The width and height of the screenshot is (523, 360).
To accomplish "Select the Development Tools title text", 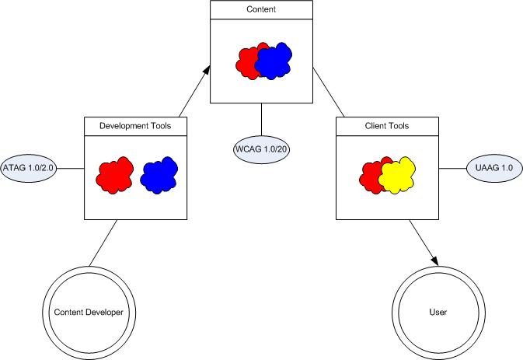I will [x=135, y=125].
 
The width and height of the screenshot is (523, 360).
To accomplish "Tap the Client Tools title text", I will [x=386, y=125].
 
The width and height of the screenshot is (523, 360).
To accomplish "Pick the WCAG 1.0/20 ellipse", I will [x=261, y=149].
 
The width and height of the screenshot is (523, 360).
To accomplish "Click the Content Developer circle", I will [x=89, y=312].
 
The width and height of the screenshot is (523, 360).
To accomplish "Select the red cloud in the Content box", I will [x=247, y=62].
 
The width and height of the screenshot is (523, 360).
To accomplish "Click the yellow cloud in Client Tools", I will [x=400, y=176].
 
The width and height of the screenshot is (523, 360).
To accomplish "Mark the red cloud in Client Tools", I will [x=371, y=177].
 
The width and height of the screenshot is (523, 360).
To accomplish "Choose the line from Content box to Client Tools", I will [x=327, y=93].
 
